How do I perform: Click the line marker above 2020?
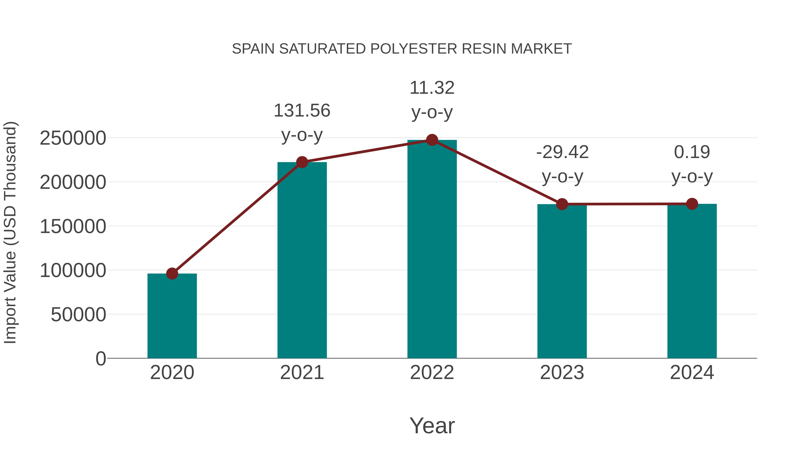[172, 274]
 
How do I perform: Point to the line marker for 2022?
[432, 140]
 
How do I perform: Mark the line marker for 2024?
[692, 204]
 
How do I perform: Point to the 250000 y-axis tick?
[73, 138]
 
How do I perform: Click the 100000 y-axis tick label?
[73, 271]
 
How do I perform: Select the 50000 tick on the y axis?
[78, 315]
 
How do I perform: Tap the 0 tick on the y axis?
[100, 358]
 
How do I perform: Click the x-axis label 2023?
[562, 373]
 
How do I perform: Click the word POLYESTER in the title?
[414, 49]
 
